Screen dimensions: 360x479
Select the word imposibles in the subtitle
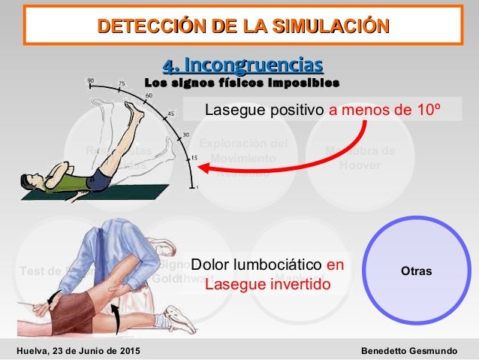[x=306, y=81]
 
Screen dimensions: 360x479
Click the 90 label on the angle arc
[x=91, y=79]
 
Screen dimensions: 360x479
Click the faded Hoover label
[x=363, y=165]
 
